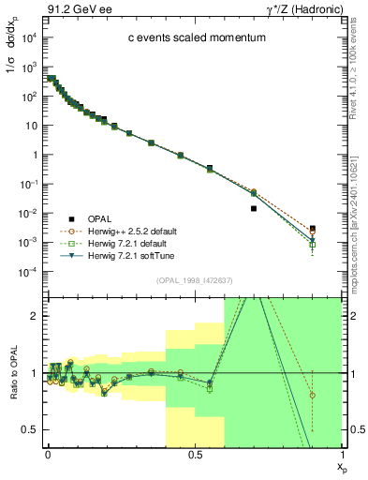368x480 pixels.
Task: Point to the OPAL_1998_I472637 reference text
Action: point(191,279)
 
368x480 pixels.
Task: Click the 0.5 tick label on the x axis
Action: point(194,455)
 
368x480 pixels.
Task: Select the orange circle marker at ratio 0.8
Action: point(313,396)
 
